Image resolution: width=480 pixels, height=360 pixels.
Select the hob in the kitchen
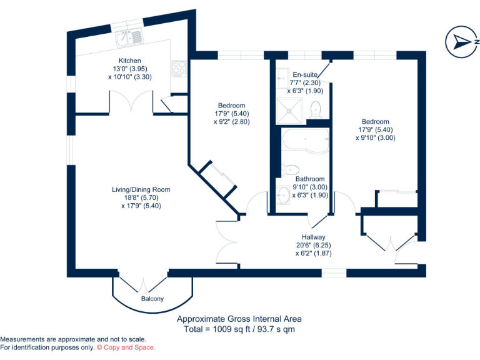[x=178, y=67]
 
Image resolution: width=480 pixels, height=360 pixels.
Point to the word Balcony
[x=152, y=299]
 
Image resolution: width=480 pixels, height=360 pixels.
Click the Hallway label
[x=312, y=237]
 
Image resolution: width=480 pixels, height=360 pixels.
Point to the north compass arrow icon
[x=462, y=42]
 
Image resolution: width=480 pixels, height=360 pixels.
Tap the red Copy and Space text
[x=126, y=347]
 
